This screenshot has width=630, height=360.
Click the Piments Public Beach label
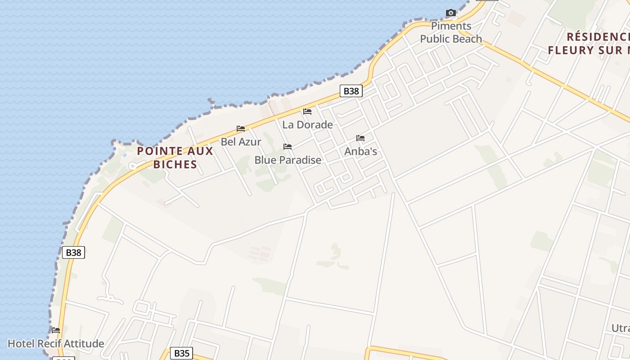[x=451, y=32]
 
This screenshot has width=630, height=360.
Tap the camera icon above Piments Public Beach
[x=450, y=13]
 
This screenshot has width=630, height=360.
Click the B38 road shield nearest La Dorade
[x=351, y=91]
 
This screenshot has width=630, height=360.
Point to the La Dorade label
[x=307, y=125]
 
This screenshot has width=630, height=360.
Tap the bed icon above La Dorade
[x=307, y=112]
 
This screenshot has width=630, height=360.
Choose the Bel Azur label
[x=241, y=142]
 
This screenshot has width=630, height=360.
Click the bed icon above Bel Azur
[x=241, y=129]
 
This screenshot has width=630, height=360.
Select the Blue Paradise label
[x=288, y=160]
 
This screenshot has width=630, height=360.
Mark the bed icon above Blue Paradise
[x=288, y=147]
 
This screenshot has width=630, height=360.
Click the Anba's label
[x=360, y=151]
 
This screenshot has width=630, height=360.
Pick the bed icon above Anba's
[x=360, y=138]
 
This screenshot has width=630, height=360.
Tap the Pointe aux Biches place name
[x=175, y=157]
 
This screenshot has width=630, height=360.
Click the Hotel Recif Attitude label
[x=56, y=344]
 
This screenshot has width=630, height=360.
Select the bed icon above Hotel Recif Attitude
[x=56, y=330]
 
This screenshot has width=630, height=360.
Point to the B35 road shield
[x=182, y=353]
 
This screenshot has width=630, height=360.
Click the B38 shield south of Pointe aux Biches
[x=73, y=252]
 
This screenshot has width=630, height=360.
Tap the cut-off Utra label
[x=620, y=328]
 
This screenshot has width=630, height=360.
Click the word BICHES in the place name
[x=175, y=164]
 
